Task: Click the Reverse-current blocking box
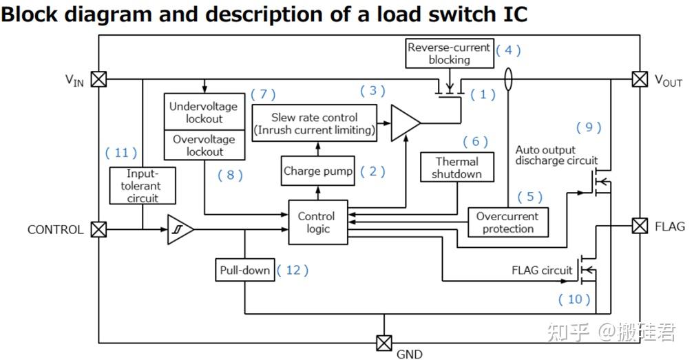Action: [449, 54]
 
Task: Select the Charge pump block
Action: [318, 171]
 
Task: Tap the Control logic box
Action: [317, 223]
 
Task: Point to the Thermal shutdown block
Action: [457, 167]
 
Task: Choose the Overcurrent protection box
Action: [508, 222]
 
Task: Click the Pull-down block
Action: [244, 270]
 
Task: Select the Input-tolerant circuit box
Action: [143, 186]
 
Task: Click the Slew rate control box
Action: [315, 124]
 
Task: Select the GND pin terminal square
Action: [383, 342]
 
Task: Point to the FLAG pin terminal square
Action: [640, 226]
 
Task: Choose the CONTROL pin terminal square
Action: [99, 229]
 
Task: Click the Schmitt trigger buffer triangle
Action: [179, 229]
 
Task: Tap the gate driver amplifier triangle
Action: [404, 124]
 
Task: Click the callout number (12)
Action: [293, 270]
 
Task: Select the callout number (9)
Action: [588, 127]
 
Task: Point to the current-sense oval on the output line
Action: [509, 78]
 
